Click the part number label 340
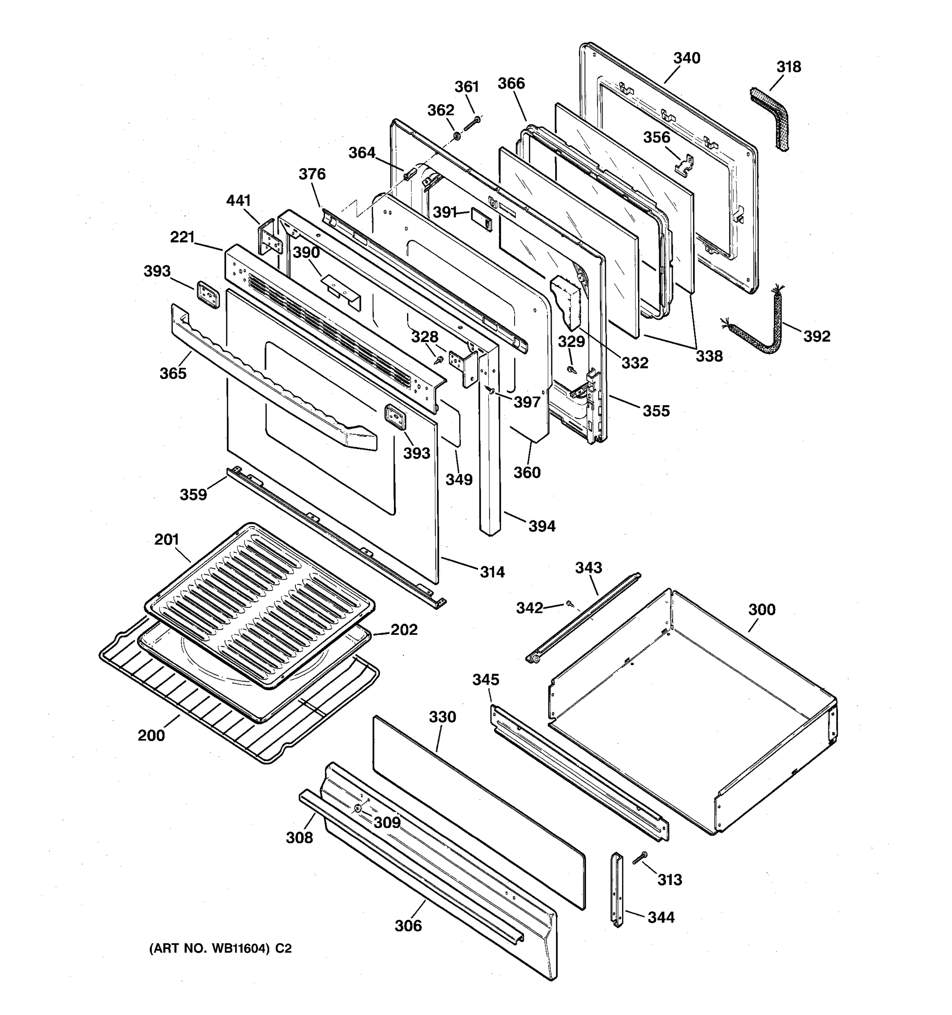686,58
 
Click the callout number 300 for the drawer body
762,609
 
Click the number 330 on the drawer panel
442,717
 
